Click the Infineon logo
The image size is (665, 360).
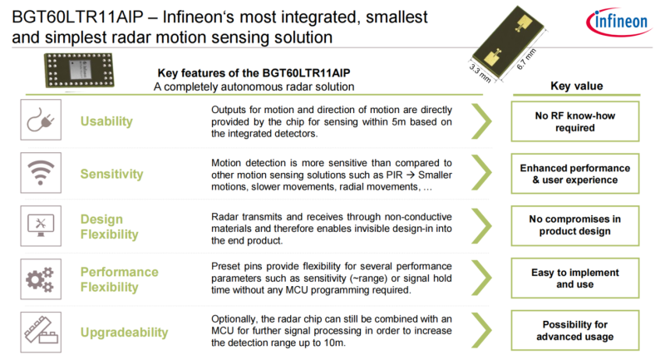[x=618, y=22]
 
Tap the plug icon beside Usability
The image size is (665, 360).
[x=41, y=120]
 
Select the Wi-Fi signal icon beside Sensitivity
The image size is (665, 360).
[x=41, y=173]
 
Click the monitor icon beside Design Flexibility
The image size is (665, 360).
[x=41, y=226]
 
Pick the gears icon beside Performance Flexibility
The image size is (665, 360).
[x=41, y=279]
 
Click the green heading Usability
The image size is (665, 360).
[x=106, y=121]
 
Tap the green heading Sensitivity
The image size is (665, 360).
[x=112, y=174]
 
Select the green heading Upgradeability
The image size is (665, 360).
[x=124, y=333]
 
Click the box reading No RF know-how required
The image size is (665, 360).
[x=575, y=121]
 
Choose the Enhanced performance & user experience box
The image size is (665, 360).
[x=575, y=174]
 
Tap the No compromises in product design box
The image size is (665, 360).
[x=575, y=225]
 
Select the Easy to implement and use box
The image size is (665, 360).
[x=575, y=279]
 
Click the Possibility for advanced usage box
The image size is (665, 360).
[x=575, y=330]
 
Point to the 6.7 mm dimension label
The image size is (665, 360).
[x=526, y=59]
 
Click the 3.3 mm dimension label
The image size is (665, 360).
[x=480, y=73]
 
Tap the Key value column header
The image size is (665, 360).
[x=576, y=86]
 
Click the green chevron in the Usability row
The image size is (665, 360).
[x=482, y=121]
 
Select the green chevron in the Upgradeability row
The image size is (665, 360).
[x=482, y=330]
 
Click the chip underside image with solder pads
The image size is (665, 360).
[x=79, y=70]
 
